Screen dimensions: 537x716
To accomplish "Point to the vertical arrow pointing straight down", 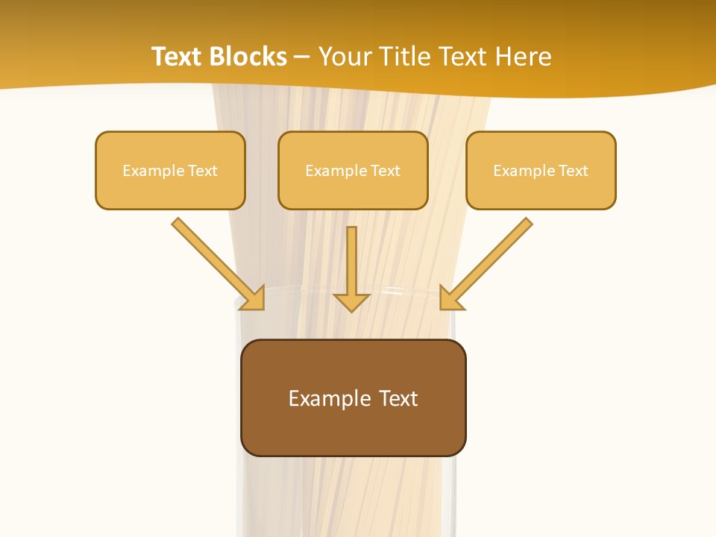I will pyautogui.click(x=351, y=261).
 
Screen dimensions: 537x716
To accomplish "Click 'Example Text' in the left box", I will pyautogui.click(x=170, y=171).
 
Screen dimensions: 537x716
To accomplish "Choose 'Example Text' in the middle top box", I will pyautogui.click(x=353, y=171).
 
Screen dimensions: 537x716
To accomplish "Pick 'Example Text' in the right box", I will pyautogui.click(x=541, y=171).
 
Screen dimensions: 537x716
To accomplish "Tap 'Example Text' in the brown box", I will pyautogui.click(x=353, y=398).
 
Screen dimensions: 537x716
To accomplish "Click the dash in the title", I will pyautogui.click(x=302, y=57).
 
